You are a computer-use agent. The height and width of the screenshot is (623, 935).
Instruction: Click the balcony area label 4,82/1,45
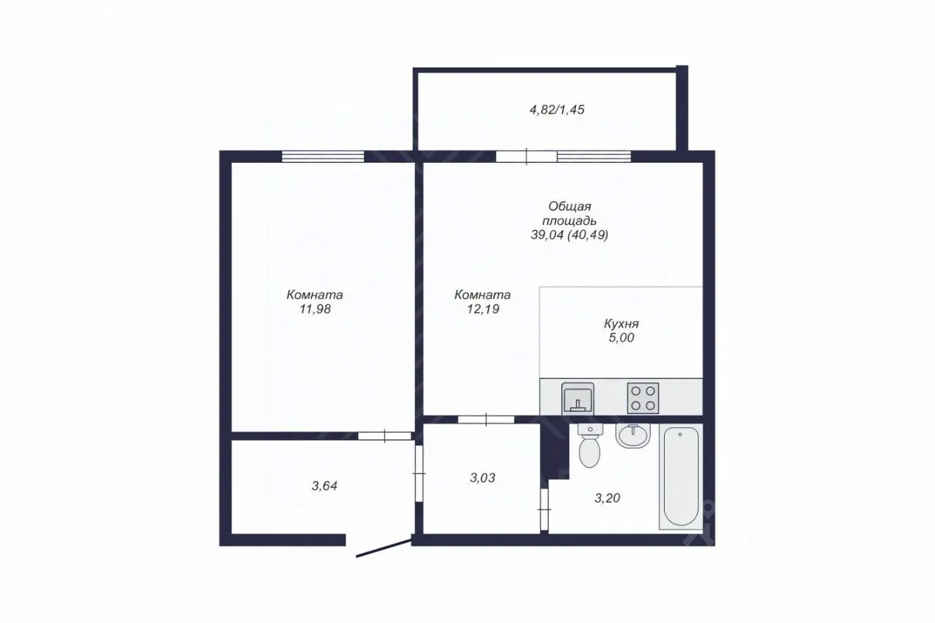pos(557,110)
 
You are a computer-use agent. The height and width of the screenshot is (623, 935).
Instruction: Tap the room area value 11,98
pos(315,309)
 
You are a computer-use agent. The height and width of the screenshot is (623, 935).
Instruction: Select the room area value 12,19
pos(483,309)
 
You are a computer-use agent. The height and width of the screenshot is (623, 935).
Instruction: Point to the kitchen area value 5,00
pos(621,337)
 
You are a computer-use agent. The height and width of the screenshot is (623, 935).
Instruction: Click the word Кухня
pos(621,324)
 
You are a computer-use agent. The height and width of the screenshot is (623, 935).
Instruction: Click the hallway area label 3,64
pos(324,486)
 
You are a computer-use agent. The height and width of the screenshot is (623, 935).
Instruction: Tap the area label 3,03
pos(483,478)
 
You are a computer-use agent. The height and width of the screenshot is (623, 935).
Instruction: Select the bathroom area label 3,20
pos(607,498)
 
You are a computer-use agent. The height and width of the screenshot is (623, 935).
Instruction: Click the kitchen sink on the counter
pos(578,399)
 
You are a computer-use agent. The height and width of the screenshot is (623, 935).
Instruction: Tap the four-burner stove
pos(643,398)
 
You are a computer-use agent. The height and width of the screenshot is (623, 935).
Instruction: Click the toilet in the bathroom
pos(589,445)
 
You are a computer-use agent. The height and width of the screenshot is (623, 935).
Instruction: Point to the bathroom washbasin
pos(633,435)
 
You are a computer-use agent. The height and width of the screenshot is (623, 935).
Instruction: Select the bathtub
pos(681,476)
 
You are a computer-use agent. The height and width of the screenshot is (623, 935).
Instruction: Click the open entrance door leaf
pos(383,549)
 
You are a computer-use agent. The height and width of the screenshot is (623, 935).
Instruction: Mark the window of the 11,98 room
pos(323,156)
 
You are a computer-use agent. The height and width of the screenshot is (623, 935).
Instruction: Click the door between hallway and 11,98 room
pos(385,436)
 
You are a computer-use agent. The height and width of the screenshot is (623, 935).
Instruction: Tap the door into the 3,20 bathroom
pos(544,510)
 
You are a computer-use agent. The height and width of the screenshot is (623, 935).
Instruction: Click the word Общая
pos(570,207)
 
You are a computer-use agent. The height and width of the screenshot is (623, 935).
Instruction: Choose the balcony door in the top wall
pos(527,156)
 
